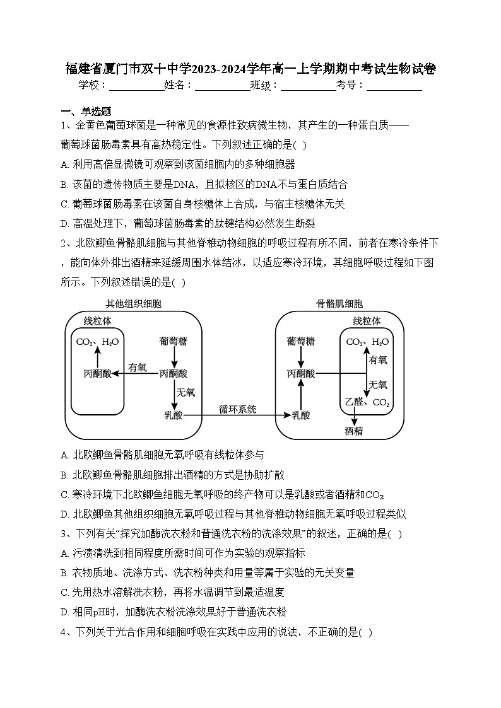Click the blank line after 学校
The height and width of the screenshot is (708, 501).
click(136, 86)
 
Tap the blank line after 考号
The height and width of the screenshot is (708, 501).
click(394, 86)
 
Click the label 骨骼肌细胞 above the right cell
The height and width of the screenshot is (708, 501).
click(339, 304)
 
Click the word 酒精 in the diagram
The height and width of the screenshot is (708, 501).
click(353, 431)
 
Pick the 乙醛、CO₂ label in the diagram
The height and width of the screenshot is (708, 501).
click(367, 402)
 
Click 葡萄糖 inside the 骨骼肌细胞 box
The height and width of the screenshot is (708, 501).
click(300, 342)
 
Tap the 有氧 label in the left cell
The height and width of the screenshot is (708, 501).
click(137, 367)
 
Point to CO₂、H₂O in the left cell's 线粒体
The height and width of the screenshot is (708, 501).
click(97, 342)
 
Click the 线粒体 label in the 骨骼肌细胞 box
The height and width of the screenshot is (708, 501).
click(367, 321)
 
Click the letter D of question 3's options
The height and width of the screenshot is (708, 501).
click(64, 612)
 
